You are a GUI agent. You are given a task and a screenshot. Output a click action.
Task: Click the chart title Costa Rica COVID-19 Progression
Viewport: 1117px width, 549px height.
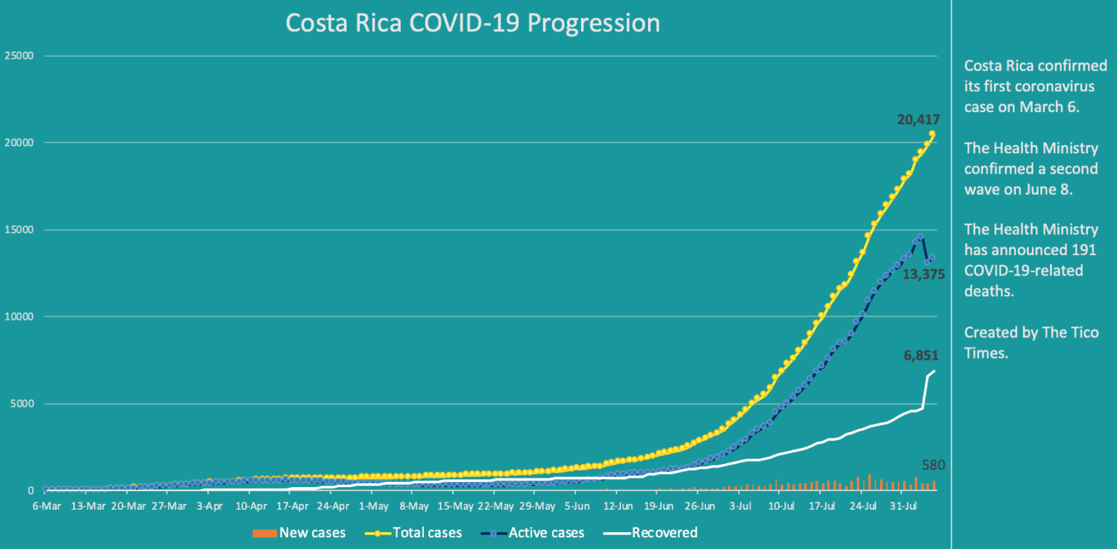click(473, 23)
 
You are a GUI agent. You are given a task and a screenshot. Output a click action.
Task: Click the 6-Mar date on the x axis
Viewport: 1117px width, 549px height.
click(47, 507)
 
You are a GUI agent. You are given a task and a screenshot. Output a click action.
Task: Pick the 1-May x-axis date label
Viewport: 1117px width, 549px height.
click(374, 507)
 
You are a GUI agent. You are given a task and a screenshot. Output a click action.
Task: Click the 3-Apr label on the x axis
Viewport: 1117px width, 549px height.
click(209, 507)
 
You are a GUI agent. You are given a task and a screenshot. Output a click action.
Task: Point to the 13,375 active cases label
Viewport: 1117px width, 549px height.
click(923, 274)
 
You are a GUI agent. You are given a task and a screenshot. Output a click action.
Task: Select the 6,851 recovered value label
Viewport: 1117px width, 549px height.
click(921, 356)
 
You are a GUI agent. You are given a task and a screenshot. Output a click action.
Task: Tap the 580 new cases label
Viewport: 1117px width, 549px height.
click(932, 465)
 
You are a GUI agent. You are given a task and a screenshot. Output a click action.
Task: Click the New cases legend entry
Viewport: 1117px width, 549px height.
click(299, 533)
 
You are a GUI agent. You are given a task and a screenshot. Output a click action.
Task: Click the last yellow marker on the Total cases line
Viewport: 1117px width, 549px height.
click(932, 134)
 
